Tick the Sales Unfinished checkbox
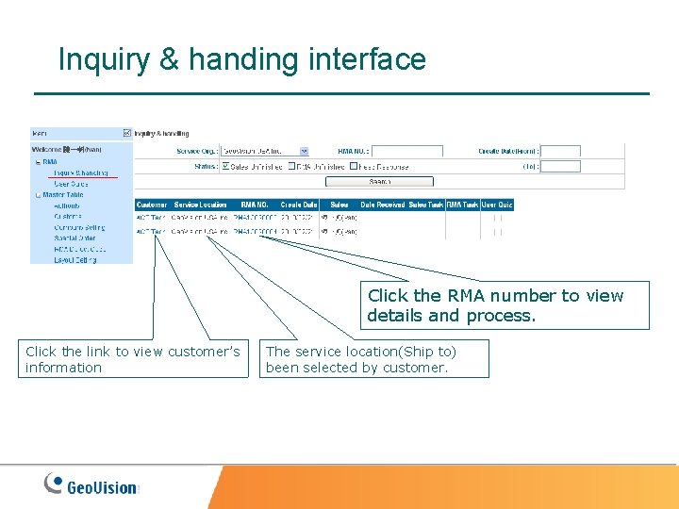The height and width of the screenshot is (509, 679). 225,166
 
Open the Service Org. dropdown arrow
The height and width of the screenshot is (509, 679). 304,151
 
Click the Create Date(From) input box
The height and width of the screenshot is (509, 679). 561,151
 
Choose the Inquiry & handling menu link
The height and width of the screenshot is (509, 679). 80,172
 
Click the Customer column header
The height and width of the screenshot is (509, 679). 152,205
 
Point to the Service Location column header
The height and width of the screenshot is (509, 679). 200,205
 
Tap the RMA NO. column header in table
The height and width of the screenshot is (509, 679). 255,205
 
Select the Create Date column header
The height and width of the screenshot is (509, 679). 299,205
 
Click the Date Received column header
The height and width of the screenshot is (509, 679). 382,205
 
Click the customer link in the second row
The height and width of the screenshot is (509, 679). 151,231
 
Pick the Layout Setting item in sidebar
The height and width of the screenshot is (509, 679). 75,260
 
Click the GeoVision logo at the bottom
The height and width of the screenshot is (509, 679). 91,485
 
